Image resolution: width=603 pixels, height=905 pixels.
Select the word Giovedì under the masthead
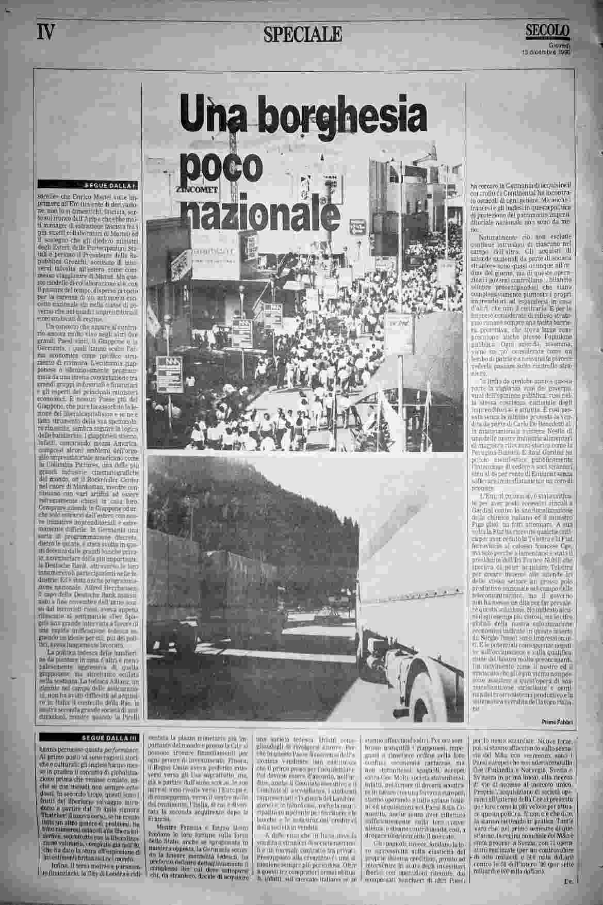[x=559, y=45]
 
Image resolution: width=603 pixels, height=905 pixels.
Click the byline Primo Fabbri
[x=556, y=721]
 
